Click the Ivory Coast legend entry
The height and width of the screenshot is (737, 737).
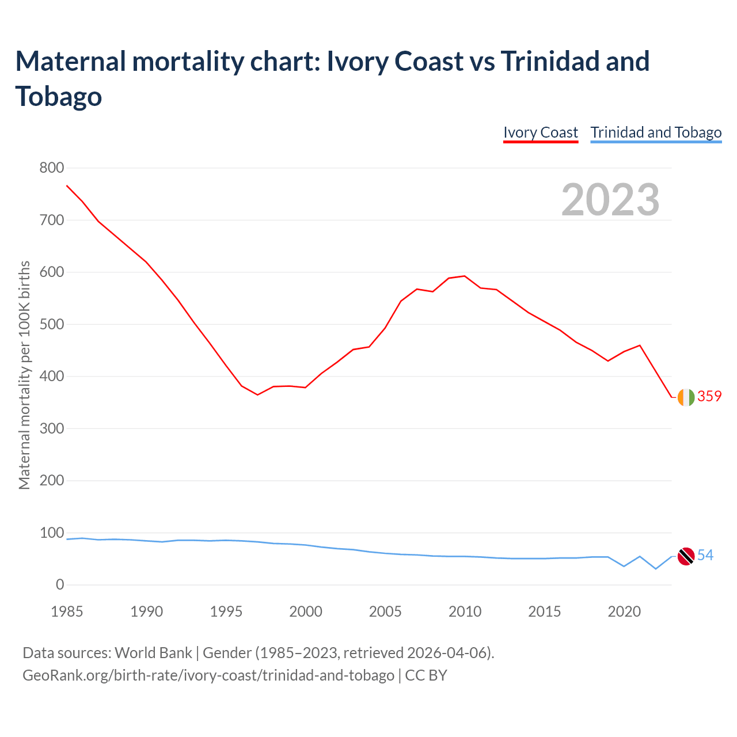tap(540, 132)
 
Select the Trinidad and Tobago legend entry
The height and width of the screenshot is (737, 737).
tap(656, 132)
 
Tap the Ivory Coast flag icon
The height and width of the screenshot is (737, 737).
tap(686, 397)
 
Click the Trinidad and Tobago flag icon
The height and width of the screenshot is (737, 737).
tap(686, 556)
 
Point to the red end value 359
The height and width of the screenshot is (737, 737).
tap(709, 396)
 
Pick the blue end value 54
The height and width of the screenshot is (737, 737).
tap(705, 555)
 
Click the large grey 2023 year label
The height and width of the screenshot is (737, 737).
tap(610, 200)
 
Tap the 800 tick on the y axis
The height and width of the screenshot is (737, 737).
tap(51, 168)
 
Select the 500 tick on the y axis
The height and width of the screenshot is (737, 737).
tap(51, 324)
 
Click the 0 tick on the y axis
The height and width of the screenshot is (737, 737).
tap(60, 585)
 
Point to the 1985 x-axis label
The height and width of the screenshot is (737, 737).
tap(67, 611)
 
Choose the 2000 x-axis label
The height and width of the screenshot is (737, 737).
tap(306, 611)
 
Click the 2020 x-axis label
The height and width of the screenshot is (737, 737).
tap(624, 611)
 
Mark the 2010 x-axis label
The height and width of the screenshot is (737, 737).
tap(465, 611)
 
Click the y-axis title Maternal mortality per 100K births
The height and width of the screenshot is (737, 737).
tap(24, 375)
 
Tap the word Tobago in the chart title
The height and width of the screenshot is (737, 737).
tap(59, 96)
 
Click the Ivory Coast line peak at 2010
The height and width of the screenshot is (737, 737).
tap(465, 276)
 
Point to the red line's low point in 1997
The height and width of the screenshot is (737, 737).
tap(257, 395)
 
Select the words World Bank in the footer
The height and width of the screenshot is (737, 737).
tap(153, 653)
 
